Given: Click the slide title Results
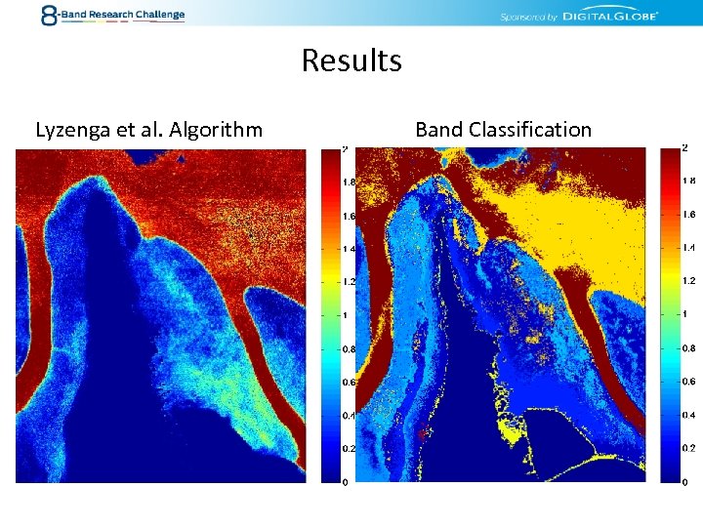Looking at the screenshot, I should click(351, 61).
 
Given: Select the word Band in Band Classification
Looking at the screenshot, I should click(439, 129).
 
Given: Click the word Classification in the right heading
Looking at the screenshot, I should click(530, 129).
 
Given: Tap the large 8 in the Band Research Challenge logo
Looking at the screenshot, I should click(49, 15).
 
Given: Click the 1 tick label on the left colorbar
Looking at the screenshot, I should click(344, 315).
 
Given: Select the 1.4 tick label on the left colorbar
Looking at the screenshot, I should click(347, 248).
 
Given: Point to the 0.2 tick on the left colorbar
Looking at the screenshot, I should click(347, 449).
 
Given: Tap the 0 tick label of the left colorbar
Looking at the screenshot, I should click(344, 482).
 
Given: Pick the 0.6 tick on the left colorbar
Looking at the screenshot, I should click(347, 382).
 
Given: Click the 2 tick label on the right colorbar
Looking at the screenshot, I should click(684, 147).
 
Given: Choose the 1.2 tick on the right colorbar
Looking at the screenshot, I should click(687, 281).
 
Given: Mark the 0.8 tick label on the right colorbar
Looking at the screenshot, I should click(687, 347).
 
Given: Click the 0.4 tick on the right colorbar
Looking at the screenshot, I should click(687, 415).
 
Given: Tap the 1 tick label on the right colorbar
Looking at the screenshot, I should click(684, 314).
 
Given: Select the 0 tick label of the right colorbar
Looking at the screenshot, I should click(684, 482).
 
